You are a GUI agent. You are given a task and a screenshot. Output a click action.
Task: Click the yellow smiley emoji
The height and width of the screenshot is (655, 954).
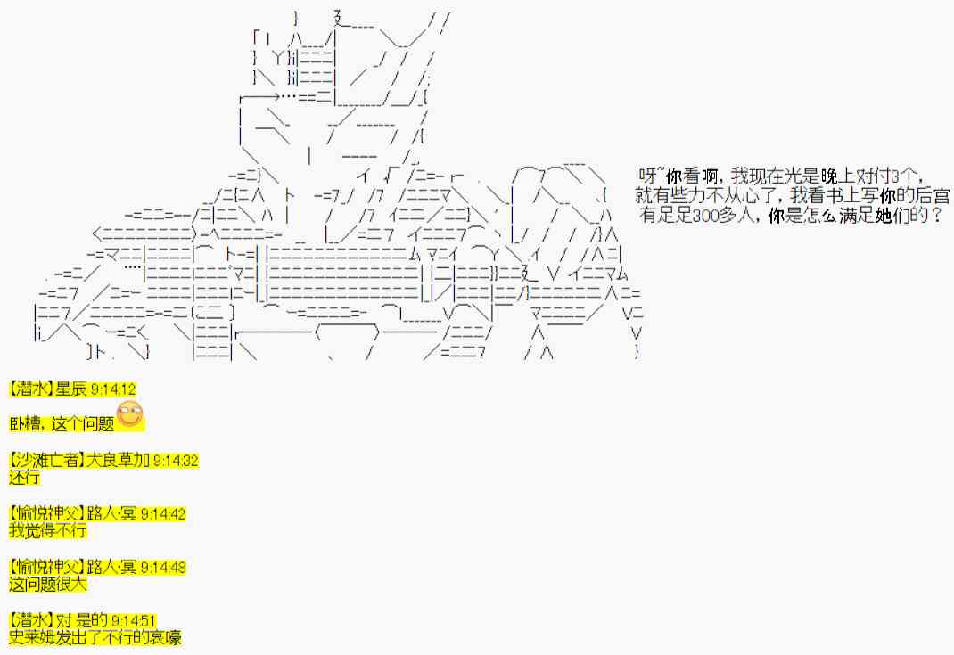click(x=130, y=414)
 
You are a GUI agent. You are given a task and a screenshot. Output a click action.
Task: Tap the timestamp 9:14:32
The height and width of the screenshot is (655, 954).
click(x=176, y=461)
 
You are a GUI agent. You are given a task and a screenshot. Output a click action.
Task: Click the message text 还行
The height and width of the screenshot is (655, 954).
click(x=24, y=478)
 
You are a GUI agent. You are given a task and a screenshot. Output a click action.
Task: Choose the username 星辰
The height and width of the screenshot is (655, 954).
click(x=70, y=389)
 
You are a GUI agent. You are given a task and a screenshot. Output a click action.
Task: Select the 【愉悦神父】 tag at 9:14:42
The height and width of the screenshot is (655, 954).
click(x=44, y=514)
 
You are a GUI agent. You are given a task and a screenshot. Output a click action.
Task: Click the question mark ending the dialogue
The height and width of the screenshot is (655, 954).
click(x=935, y=215)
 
